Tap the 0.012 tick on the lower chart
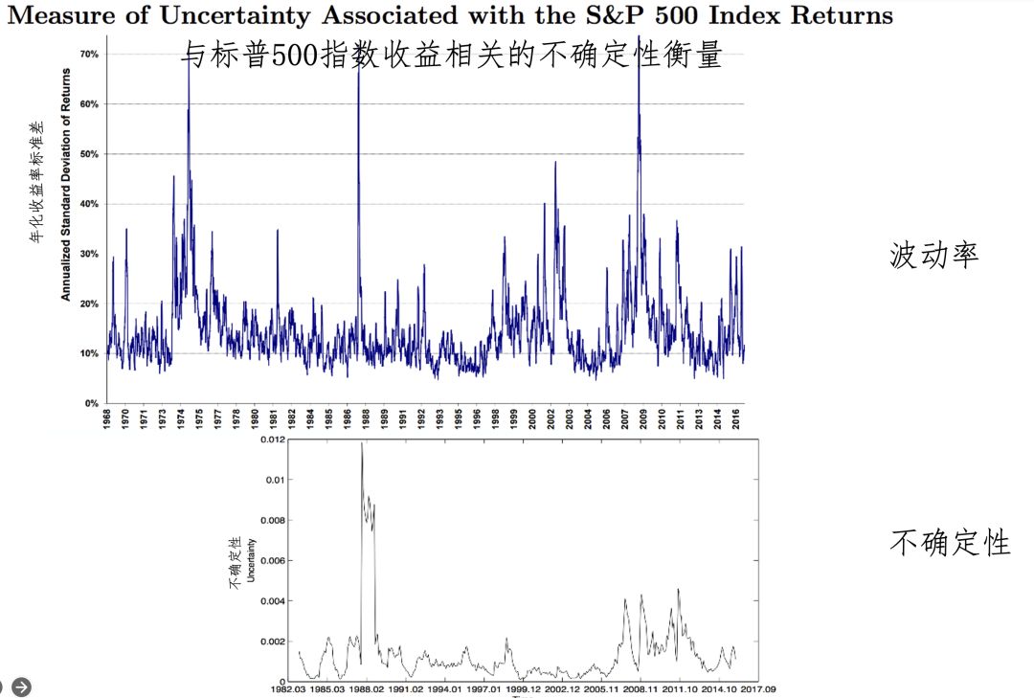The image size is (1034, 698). (273, 439)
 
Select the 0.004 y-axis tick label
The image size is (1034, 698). (273, 601)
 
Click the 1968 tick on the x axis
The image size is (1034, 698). (106, 419)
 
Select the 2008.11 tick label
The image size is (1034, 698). (639, 687)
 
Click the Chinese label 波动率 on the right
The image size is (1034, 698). (933, 256)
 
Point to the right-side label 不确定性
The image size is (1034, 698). (950, 543)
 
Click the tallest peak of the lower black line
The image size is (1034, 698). (362, 443)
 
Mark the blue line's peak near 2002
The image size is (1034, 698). (555, 162)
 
